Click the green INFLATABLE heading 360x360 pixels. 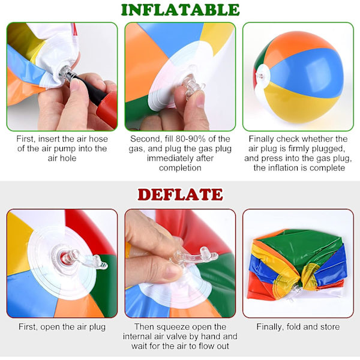click(x=180, y=10)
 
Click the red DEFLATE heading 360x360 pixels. click(x=180, y=194)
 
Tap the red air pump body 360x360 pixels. click(x=107, y=107)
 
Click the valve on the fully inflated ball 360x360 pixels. click(x=260, y=76)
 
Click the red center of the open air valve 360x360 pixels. click(x=64, y=258)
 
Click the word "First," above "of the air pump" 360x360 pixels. click(x=25, y=139)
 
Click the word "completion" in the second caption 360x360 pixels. click(x=180, y=168)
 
